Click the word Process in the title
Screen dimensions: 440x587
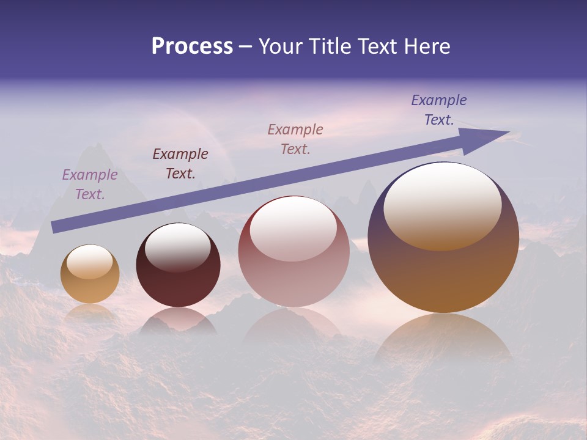(x=192, y=46)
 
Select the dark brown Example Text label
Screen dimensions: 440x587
(x=180, y=164)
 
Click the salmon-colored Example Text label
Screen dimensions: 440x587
(x=295, y=139)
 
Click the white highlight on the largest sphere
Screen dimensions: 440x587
(x=443, y=205)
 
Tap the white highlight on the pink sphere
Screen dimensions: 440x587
(x=293, y=227)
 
